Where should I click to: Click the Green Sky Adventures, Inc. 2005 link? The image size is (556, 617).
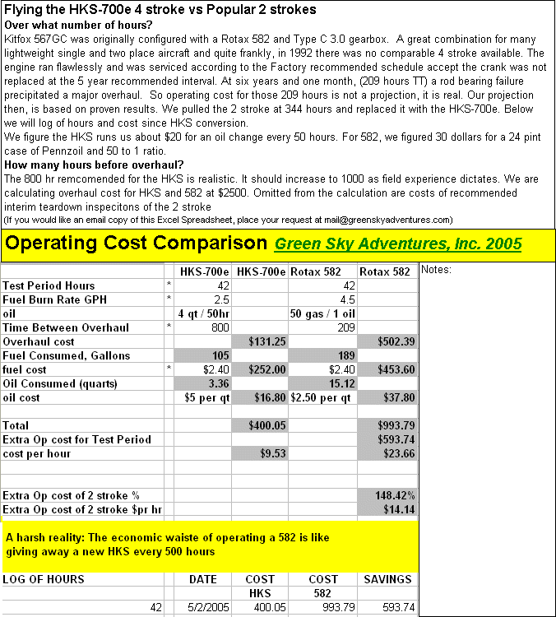click(x=398, y=244)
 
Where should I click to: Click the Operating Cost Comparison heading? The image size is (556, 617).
click(x=136, y=244)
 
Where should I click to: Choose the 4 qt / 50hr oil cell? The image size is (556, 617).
click(x=205, y=313)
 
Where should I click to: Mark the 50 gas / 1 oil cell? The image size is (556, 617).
click(x=323, y=313)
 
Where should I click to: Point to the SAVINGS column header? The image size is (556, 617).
click(x=387, y=579)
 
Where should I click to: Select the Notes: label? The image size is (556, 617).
click(x=441, y=270)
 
